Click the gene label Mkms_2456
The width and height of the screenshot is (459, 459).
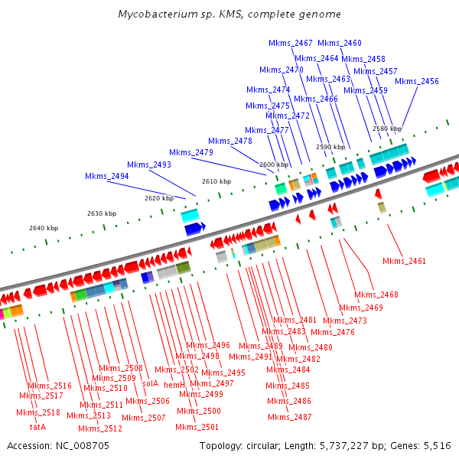[417, 82]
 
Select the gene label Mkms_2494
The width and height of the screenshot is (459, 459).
[106, 177]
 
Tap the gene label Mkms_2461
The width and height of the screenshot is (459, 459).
[404, 262]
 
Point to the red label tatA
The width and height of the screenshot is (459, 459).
[37, 426]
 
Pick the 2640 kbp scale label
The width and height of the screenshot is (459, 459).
[43, 228]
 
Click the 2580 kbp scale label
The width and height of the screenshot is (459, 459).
[386, 129]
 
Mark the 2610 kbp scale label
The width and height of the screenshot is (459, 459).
[216, 182]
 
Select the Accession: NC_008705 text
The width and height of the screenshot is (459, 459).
[57, 445]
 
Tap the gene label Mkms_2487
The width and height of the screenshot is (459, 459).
[290, 417]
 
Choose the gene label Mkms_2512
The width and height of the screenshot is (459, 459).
[100, 428]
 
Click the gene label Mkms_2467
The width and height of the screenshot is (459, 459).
[291, 43]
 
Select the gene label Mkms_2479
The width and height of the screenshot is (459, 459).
[191, 152]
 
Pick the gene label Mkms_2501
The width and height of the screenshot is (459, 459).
[197, 427]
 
